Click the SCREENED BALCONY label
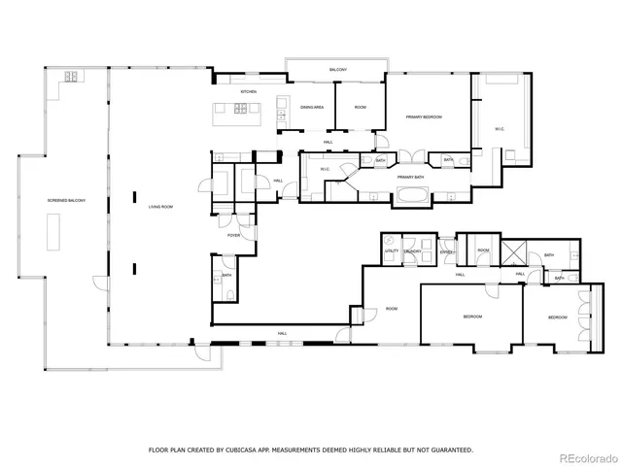pyautogui.click(x=67, y=200)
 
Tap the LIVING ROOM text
pyautogui.click(x=160, y=207)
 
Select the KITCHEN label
pyautogui.click(x=248, y=91)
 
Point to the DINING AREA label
pyautogui.click(x=311, y=107)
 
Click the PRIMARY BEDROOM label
pyautogui.click(x=424, y=116)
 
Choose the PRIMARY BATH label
pyautogui.click(x=411, y=177)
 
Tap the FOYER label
pyautogui.click(x=234, y=235)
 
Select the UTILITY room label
pyautogui.click(x=392, y=251)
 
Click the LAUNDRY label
pyautogui.click(x=413, y=251)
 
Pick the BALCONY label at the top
pyautogui.click(x=337, y=71)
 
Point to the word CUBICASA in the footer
pyautogui.click(x=240, y=449)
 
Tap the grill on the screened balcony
pyautogui.click(x=71, y=77)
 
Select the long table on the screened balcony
pyautogui.click(x=52, y=233)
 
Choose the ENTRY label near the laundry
pyautogui.click(x=446, y=252)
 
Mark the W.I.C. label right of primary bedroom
pyautogui.click(x=499, y=128)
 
